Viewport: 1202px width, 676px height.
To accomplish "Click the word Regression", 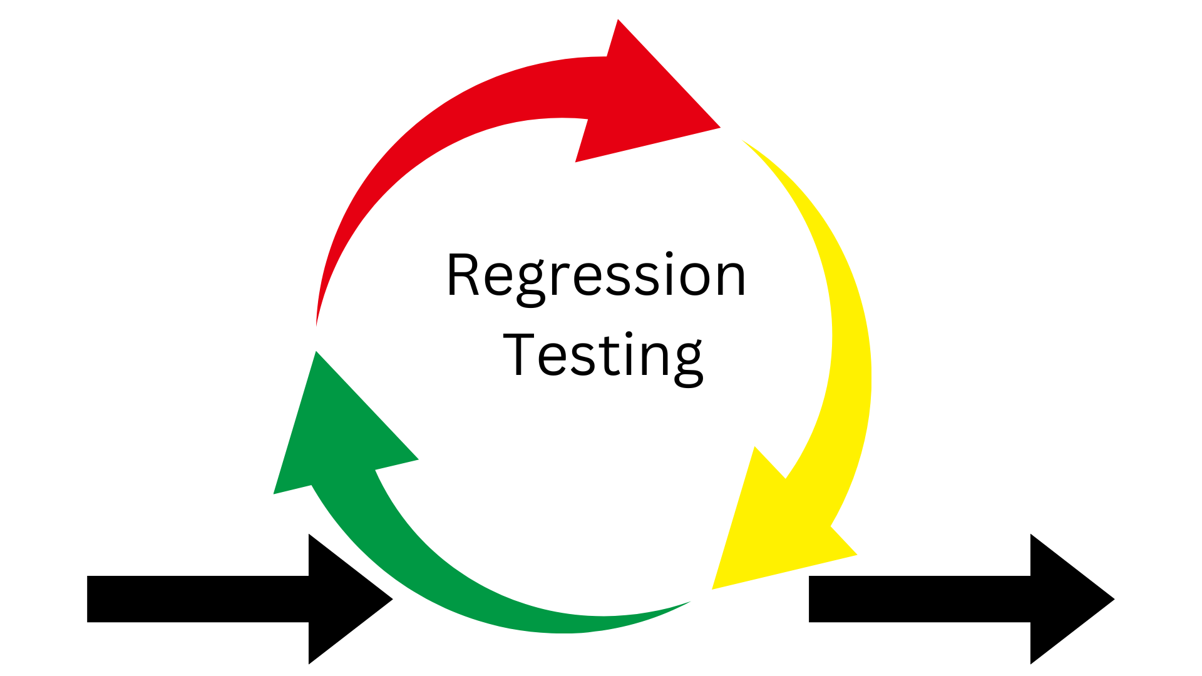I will [596, 275].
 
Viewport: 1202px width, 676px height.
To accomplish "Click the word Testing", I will [603, 356].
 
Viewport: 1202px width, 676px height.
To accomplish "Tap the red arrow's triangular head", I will [645, 100].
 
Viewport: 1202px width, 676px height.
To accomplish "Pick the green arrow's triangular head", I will [332, 438].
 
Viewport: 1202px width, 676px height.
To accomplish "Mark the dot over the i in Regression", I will [669, 255].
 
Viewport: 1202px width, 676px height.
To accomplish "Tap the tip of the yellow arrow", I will [714, 587].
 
